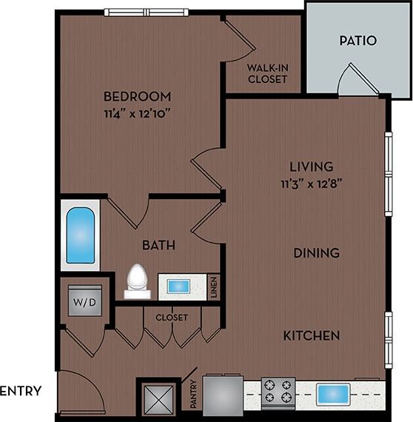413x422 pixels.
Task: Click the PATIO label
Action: coord(358,41)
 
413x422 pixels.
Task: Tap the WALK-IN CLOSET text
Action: coord(267,73)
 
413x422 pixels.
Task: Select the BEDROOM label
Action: coord(137,96)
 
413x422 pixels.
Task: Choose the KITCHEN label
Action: coord(312,335)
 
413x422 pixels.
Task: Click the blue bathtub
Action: coord(80,236)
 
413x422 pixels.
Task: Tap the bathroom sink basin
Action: coord(178,287)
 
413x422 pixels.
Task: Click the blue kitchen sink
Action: coord(332,394)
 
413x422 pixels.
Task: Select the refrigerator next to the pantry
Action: coord(222,396)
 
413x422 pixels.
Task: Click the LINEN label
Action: coord(214,287)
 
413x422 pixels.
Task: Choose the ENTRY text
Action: coord(21,391)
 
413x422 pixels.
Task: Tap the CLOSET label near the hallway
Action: coord(171,318)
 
